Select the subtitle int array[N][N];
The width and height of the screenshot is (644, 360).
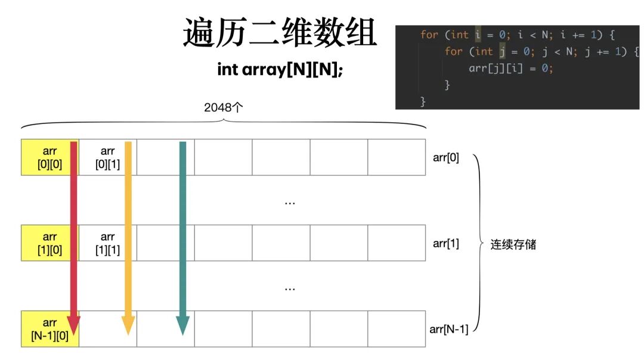point(280,69)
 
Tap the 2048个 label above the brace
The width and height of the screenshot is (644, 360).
point(224,108)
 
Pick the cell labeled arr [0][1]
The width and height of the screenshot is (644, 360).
point(107,157)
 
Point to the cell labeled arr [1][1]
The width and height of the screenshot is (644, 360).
point(107,243)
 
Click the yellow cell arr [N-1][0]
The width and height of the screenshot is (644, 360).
point(42,329)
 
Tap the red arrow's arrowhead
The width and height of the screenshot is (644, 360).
point(73,324)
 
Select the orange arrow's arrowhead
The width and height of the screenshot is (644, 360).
point(128,325)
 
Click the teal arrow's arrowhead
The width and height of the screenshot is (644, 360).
point(182,325)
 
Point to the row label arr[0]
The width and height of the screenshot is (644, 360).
point(446,158)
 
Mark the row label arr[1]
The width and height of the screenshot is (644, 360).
point(446,243)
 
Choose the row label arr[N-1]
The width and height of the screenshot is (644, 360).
point(448,329)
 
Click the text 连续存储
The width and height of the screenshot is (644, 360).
point(513,244)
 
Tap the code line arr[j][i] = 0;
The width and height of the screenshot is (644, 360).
point(511,68)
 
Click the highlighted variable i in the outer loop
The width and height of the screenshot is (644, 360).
point(478,35)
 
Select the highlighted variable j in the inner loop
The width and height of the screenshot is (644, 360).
point(502,51)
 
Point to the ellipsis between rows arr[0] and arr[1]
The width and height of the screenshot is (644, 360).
point(290,203)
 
